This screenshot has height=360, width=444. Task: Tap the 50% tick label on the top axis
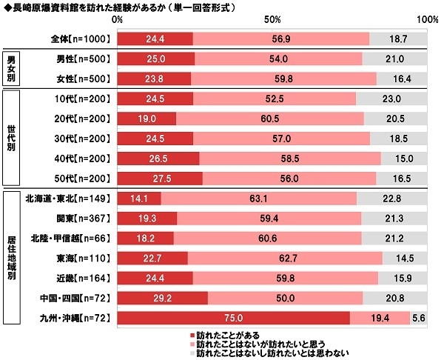272,21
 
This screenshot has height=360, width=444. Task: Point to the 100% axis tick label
427,21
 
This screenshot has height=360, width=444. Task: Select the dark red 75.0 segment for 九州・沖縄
233,317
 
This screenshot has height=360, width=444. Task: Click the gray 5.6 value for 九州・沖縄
419,317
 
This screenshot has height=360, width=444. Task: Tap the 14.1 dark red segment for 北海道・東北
138,198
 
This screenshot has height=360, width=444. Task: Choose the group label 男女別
13,68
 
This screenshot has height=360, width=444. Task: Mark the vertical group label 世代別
13,137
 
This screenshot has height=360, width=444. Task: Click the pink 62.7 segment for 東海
285,258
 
